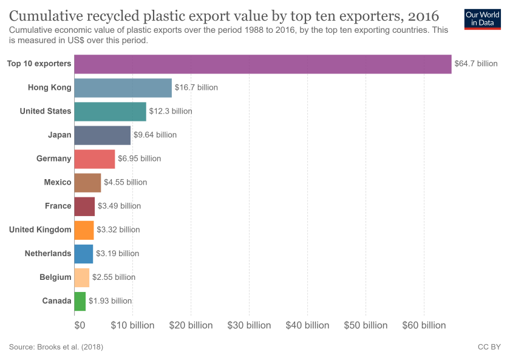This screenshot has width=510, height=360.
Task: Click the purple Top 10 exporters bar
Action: (262, 64)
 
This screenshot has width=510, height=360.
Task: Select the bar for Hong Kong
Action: (123, 87)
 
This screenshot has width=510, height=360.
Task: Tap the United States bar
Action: (110, 111)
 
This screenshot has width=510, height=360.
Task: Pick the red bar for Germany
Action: (94, 158)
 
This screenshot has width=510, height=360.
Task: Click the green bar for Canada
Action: (80, 301)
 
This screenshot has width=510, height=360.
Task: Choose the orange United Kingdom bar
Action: (84, 229)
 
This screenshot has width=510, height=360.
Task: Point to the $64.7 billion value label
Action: (476, 64)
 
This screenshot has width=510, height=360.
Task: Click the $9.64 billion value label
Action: (155, 135)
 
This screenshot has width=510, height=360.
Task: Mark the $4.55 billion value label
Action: (125, 182)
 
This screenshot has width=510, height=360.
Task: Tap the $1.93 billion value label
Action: (110, 301)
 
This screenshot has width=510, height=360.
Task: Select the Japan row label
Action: (59, 135)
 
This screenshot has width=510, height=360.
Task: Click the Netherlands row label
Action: (48, 253)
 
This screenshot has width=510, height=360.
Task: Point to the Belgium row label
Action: (55, 277)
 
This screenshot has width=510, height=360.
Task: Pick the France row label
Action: (58, 206)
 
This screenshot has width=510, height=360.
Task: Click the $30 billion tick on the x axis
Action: (249, 325)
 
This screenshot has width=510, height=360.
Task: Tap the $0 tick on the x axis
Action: (80, 325)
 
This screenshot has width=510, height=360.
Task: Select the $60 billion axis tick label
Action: (424, 325)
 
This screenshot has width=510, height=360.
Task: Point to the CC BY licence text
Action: (489, 347)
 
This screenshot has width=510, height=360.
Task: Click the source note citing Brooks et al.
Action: (56, 347)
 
